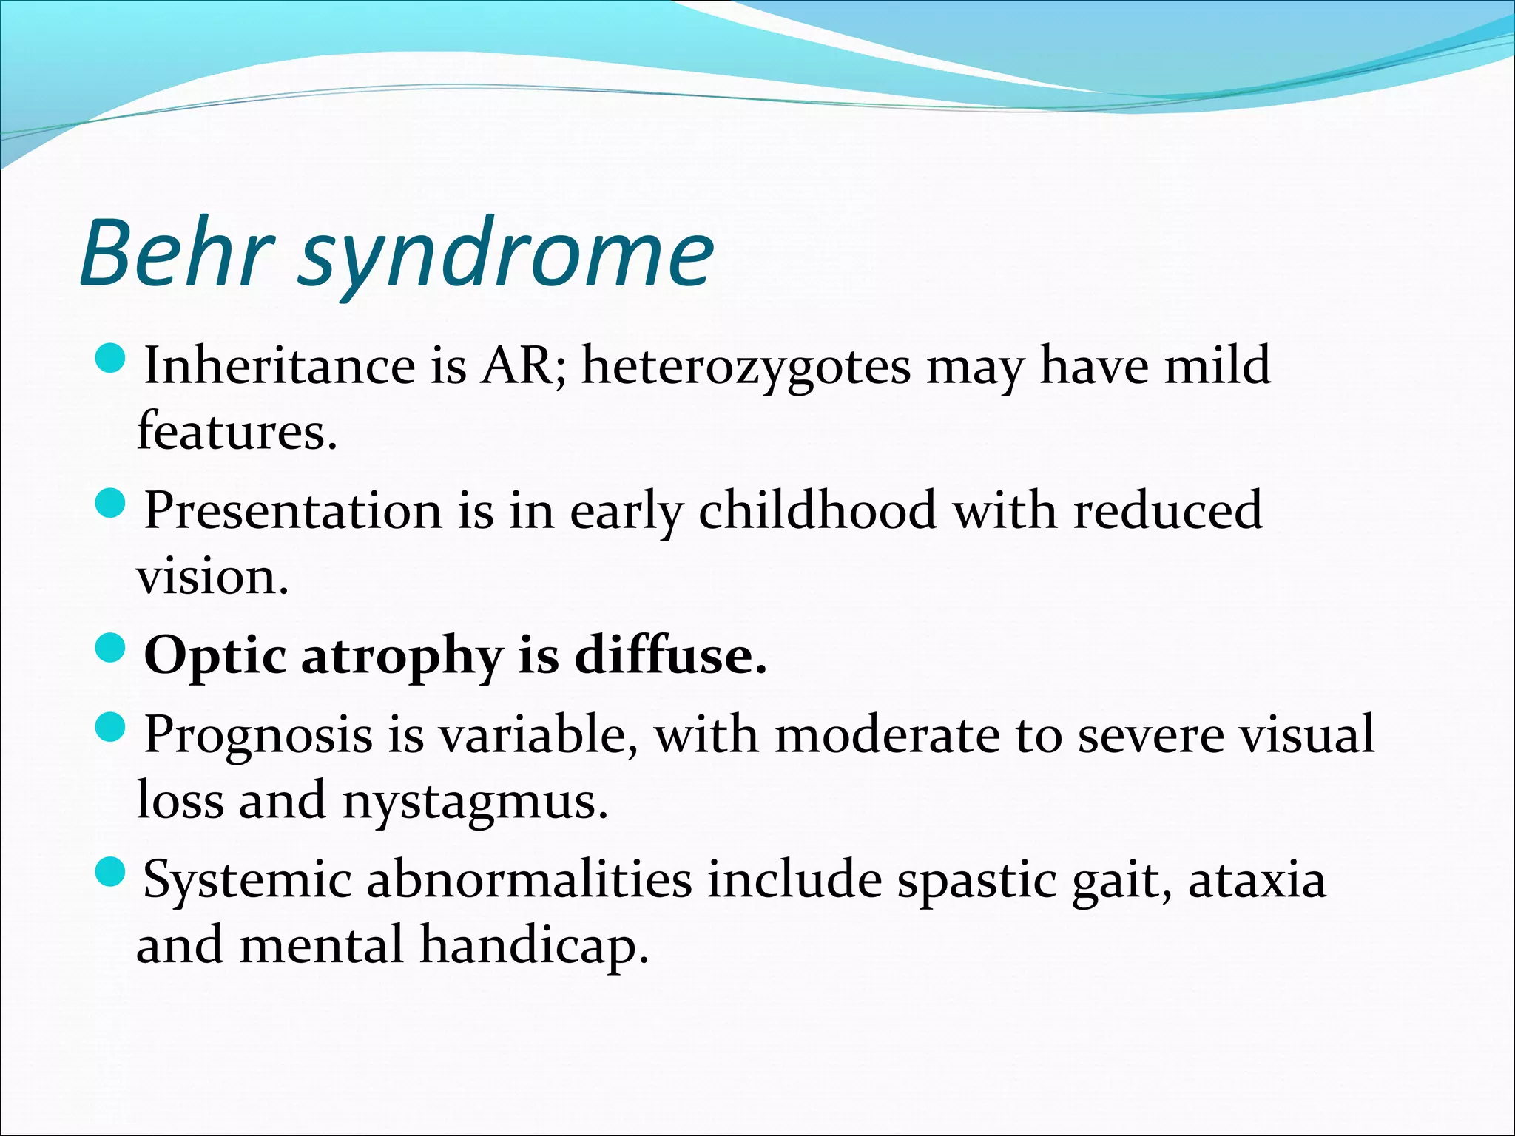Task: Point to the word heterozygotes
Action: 746,366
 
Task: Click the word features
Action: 236,430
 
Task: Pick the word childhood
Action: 817,510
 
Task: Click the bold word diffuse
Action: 670,655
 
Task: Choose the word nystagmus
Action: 474,802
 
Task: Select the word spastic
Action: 976,880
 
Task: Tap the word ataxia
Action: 1257,879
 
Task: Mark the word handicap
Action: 533,946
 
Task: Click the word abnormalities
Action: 529,879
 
